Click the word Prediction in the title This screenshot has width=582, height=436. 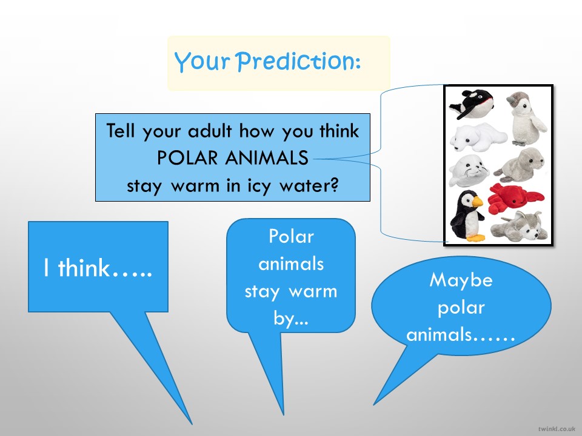[x=298, y=61]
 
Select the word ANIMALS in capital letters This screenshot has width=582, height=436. [x=267, y=157]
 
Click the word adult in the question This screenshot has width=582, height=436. [x=210, y=131]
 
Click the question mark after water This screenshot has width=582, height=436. [x=334, y=185]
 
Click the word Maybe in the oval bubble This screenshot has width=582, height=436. [x=461, y=280]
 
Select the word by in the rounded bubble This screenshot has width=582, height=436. [x=286, y=319]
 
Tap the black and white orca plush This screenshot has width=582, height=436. [x=472, y=104]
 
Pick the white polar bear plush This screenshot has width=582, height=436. [x=478, y=137]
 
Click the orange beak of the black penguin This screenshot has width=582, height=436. [x=477, y=202]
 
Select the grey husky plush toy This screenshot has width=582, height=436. [x=519, y=226]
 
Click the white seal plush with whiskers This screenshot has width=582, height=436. [x=469, y=170]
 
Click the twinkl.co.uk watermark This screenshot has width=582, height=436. [x=557, y=429]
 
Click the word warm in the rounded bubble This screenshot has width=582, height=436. [x=313, y=291]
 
